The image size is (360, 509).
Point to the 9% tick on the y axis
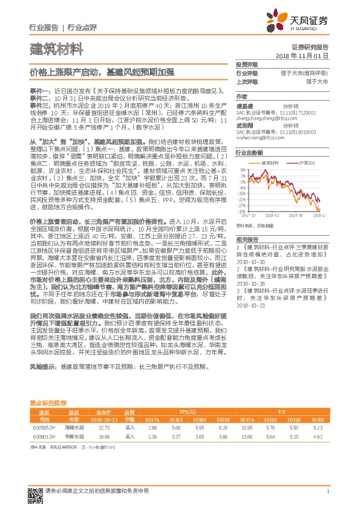point(241,170)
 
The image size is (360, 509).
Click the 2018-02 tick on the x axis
point(269,215)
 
